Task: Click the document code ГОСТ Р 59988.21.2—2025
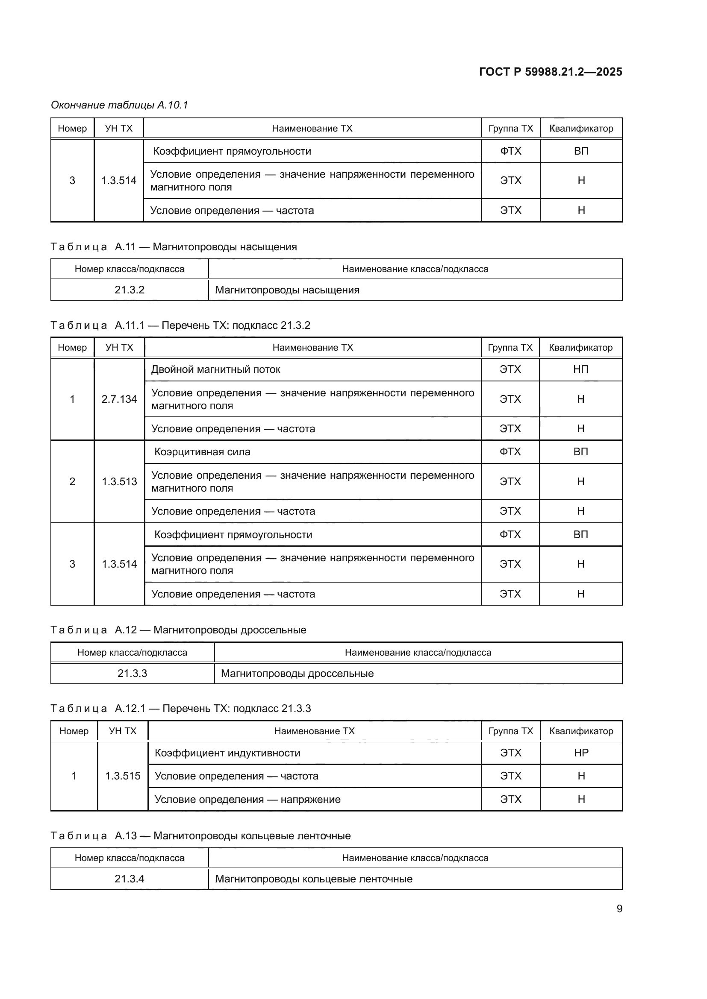pyautogui.click(x=550, y=72)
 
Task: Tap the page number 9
pyautogui.click(x=619, y=909)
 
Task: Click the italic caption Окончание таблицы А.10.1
pyautogui.click(x=119, y=105)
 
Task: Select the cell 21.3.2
pyautogui.click(x=129, y=290)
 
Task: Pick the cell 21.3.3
pyautogui.click(x=133, y=674)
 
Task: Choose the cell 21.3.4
pyautogui.click(x=129, y=879)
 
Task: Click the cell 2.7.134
pyautogui.click(x=119, y=399)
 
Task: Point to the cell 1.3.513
pyautogui.click(x=119, y=482)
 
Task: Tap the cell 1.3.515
pyautogui.click(x=122, y=776)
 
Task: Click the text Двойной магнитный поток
pyautogui.click(x=215, y=369)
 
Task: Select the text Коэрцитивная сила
pyautogui.click(x=203, y=451)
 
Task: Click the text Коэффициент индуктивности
pyautogui.click(x=227, y=753)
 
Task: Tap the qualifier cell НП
pyautogui.click(x=580, y=369)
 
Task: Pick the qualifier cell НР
pyautogui.click(x=581, y=753)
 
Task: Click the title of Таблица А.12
pyautogui.click(x=178, y=630)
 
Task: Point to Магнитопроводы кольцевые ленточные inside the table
pyautogui.click(x=313, y=879)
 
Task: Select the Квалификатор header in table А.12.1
pyautogui.click(x=581, y=731)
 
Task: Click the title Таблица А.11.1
pyautogui.click(x=180, y=325)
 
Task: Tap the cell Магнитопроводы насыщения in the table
pyautogui.click(x=287, y=290)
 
